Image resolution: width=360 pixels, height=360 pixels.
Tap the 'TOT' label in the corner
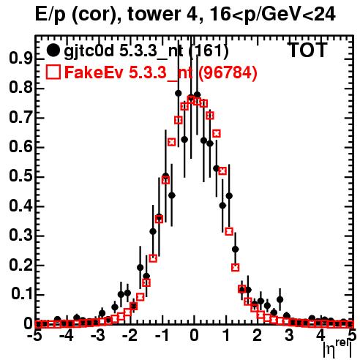[308, 50]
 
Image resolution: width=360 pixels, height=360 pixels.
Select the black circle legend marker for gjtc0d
[53, 50]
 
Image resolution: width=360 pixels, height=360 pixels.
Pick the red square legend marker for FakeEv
[53, 72]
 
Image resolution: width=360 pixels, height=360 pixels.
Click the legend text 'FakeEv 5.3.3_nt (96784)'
[161, 72]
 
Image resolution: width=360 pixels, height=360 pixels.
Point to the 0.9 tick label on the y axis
[20, 59]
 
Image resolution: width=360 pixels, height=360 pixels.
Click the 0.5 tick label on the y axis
[20, 176]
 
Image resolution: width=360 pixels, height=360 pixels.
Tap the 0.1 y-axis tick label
[22, 294]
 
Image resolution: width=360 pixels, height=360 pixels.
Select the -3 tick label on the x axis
[98, 335]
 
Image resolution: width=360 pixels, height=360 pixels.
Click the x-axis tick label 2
[258, 335]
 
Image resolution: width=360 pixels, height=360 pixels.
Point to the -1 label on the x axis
[162, 335]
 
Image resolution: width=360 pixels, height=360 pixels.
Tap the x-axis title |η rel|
[337, 349]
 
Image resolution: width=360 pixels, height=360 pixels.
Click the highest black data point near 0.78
[179, 93]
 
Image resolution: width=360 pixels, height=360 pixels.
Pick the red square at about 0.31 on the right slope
[229, 231]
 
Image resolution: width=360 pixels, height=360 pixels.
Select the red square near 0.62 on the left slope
[172, 142]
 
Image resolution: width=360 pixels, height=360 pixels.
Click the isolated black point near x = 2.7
[280, 299]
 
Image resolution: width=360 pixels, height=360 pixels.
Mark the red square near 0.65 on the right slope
[217, 134]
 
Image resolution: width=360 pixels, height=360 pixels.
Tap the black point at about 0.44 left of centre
[172, 195]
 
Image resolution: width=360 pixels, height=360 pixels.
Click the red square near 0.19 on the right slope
[235, 268]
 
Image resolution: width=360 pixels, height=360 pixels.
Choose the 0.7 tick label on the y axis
[20, 118]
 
